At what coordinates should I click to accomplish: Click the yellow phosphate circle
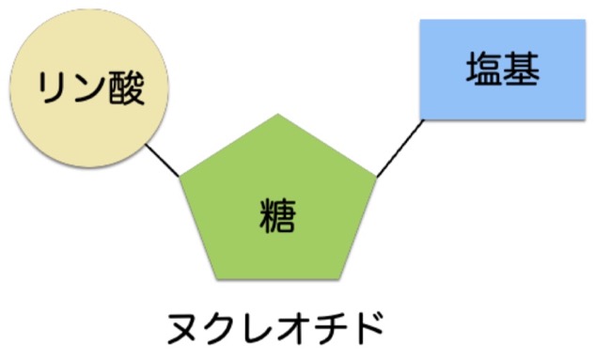pyautogui.click(x=89, y=88)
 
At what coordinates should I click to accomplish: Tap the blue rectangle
pyautogui.click(x=503, y=69)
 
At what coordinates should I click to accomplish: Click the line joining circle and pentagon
pyautogui.click(x=162, y=161)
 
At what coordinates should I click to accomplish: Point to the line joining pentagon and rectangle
pyautogui.click(x=400, y=149)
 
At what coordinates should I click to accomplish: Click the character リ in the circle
pyautogui.click(x=51, y=88)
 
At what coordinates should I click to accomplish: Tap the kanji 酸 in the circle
pyautogui.click(x=127, y=88)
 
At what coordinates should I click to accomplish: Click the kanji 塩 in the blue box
pyautogui.click(x=484, y=69)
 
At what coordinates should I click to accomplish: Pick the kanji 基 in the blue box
pyautogui.click(x=522, y=69)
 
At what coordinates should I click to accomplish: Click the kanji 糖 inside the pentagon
pyautogui.click(x=278, y=215)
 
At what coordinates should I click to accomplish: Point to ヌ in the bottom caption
pyautogui.click(x=184, y=328)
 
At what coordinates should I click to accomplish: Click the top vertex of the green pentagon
pyautogui.click(x=277, y=114)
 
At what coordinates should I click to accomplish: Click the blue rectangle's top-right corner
pyautogui.click(x=586, y=20)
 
